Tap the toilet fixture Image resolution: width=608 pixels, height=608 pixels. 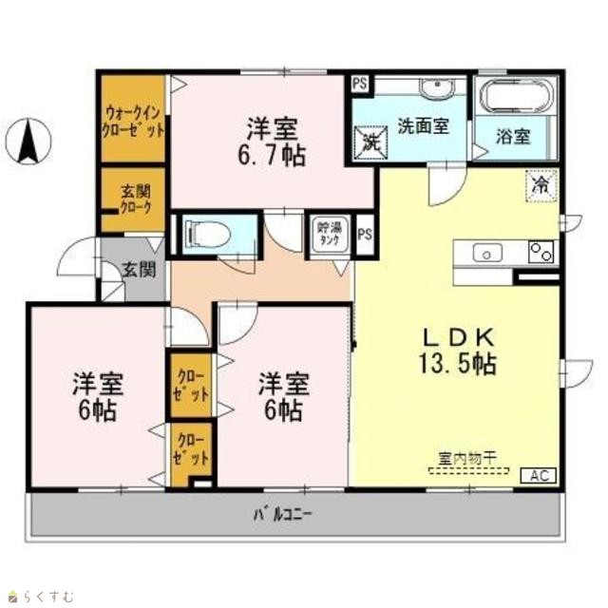click(x=208, y=234)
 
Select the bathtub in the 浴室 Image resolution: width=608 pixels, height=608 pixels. click(x=515, y=97)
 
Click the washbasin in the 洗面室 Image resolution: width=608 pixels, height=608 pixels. click(x=438, y=87)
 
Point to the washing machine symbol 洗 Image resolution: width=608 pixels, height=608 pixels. click(x=371, y=142)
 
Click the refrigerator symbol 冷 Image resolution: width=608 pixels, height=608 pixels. click(x=541, y=186)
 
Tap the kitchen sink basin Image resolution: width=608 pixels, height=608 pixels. click(x=487, y=254)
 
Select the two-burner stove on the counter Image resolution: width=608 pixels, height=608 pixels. click(x=541, y=252)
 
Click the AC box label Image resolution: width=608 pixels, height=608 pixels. click(x=539, y=475)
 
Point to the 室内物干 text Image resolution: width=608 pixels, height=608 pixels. click(x=466, y=459)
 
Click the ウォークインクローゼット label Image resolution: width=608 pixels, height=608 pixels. click(x=133, y=123)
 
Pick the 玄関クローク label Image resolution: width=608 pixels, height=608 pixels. click(x=135, y=199)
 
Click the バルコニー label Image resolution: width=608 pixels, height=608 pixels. click(x=283, y=514)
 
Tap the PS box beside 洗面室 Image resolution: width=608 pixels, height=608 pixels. click(x=360, y=84)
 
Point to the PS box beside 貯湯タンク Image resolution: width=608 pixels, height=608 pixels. click(x=365, y=235)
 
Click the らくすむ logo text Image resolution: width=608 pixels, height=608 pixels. click(x=47, y=597)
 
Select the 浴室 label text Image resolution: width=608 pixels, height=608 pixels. click(x=513, y=137)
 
